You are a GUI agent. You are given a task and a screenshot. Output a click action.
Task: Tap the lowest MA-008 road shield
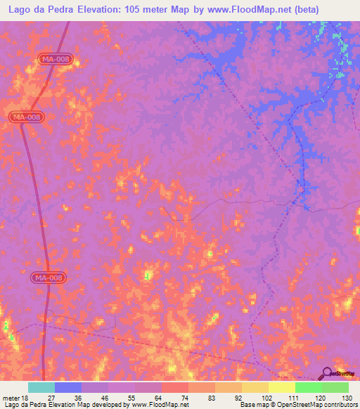point(49,278)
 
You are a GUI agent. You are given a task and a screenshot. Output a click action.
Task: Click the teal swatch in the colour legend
point(41,387)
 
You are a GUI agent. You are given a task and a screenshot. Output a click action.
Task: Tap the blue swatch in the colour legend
point(68,387)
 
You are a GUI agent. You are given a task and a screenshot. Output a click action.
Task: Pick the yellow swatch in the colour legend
point(281,387)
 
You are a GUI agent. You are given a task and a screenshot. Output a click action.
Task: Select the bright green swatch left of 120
point(308,387)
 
